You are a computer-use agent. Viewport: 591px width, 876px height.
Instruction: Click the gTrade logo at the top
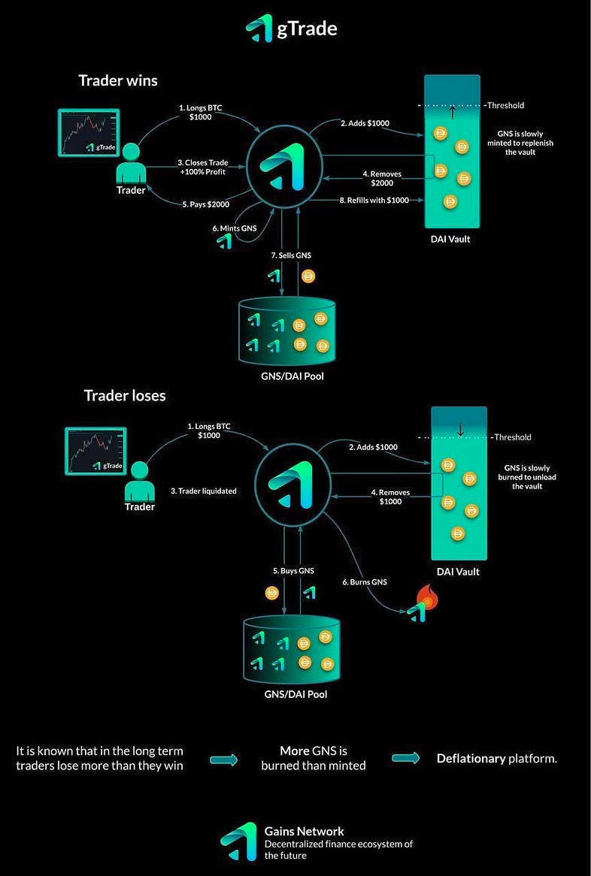coord(292,29)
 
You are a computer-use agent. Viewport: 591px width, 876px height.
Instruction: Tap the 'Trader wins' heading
coord(119,80)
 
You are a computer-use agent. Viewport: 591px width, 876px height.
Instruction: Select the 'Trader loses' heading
coord(125,395)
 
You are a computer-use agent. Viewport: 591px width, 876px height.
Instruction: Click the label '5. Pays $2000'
coord(205,204)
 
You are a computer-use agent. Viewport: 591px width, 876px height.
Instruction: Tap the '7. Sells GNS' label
coord(291,255)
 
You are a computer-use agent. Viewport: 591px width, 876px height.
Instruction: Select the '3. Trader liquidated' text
coord(203,491)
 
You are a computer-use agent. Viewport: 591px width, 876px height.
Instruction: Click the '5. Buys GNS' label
coord(293,571)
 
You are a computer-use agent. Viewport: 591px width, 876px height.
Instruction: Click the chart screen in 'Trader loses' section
coord(95,451)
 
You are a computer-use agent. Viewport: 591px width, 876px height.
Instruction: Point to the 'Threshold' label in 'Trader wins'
coord(505,105)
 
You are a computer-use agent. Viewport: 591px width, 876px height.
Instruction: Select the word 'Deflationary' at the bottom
coord(471,758)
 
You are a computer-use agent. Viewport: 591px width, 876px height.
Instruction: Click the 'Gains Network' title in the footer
coord(304,831)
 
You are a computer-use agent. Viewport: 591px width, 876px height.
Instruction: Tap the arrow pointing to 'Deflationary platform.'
coord(406,758)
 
